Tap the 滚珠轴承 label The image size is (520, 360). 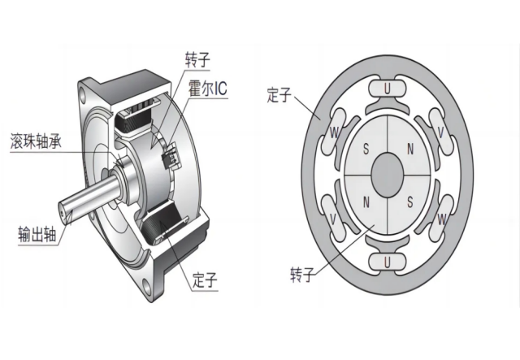(38, 141)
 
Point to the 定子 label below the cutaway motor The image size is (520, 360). (206, 281)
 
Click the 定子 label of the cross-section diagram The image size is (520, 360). (279, 96)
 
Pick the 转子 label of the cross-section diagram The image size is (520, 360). (302, 275)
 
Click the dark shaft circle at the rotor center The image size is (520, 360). (388, 173)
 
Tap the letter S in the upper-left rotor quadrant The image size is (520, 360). (366, 150)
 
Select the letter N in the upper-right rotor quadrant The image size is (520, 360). (409, 150)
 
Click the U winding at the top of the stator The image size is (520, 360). (388, 87)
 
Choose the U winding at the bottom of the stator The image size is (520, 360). (388, 260)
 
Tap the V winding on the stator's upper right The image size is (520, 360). (440, 130)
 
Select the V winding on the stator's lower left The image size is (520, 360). (334, 218)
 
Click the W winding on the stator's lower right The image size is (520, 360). (440, 218)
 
